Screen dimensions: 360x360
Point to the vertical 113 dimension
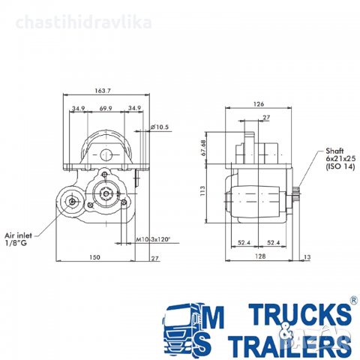(202, 191)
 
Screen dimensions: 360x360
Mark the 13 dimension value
(307, 258)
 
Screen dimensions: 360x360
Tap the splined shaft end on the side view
(298, 198)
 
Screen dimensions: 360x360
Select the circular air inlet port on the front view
(73, 201)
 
